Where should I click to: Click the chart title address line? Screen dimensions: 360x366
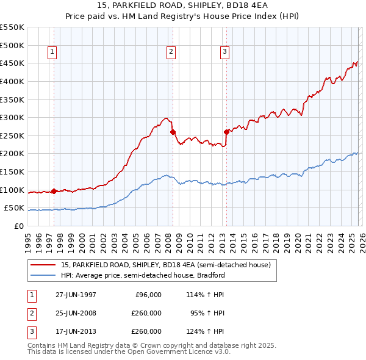pyautogui.click(x=183, y=5)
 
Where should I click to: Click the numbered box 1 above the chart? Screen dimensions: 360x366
pyautogui.click(x=52, y=52)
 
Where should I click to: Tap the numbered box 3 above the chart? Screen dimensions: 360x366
pyautogui.click(x=224, y=52)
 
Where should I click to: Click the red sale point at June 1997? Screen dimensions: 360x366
pyautogui.click(x=54, y=191)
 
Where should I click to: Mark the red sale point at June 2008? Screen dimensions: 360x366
pyautogui.click(x=173, y=132)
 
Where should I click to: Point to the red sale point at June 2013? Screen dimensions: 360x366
pyautogui.click(x=226, y=132)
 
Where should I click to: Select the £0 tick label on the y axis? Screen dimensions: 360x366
pyautogui.click(x=19, y=226)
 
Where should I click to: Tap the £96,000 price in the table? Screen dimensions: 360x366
pyautogui.click(x=148, y=295)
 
